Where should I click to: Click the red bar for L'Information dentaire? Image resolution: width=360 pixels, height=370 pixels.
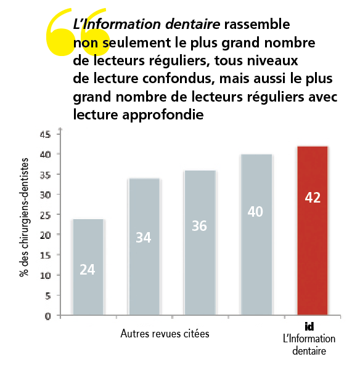click(313, 230)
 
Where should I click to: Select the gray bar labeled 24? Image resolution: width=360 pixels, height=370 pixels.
click(88, 267)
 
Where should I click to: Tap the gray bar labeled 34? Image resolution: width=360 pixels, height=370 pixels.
click(144, 247)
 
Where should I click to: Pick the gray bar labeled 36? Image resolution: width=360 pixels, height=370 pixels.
click(200, 243)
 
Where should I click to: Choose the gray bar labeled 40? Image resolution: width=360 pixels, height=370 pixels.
click(256, 235)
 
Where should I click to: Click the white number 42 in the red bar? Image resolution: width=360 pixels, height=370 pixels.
click(313, 198)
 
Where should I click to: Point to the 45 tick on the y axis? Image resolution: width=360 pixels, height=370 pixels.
click(45, 134)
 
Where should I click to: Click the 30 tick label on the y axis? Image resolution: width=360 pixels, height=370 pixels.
click(45, 195)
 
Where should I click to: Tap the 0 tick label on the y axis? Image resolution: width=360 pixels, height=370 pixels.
click(47, 316)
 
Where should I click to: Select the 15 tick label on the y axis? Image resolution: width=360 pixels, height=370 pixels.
click(45, 255)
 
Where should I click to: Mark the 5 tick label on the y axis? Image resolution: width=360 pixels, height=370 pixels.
click(47, 296)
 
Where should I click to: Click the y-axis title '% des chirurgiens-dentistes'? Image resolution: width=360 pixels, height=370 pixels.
click(24, 217)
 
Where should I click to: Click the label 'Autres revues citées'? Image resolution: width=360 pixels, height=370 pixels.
click(165, 334)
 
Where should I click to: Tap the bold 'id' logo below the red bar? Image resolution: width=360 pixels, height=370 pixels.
click(309, 326)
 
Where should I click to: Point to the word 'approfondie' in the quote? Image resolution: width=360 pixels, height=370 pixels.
click(163, 115)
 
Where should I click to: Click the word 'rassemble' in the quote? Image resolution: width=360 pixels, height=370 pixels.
click(257, 24)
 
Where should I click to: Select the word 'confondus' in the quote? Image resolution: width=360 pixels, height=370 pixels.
click(178, 79)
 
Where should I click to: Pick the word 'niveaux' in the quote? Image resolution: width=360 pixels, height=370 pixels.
click(272, 61)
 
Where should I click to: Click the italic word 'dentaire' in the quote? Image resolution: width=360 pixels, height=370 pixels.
click(192, 24)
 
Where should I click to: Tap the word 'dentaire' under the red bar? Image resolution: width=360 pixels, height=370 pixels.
click(309, 351)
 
